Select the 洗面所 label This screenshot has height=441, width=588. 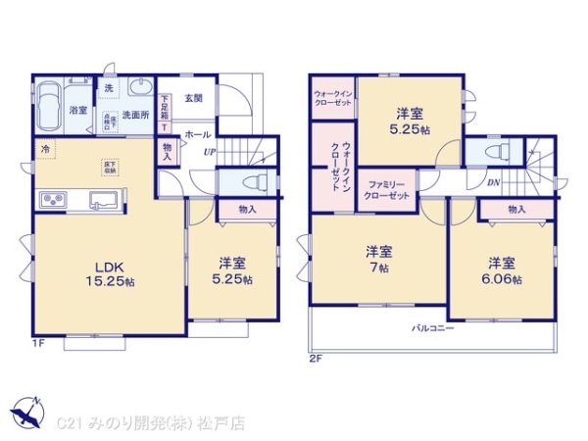pyautogui.click(x=135, y=115)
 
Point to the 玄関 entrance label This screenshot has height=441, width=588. pyautogui.click(x=192, y=98)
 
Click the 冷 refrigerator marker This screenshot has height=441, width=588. pyautogui.click(x=44, y=149)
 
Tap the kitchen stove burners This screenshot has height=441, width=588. pyautogui.click(x=52, y=202)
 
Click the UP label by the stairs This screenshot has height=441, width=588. pyautogui.click(x=210, y=152)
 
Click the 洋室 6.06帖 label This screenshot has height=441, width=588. pyautogui.click(x=501, y=270)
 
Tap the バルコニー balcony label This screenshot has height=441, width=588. pyautogui.click(x=432, y=328)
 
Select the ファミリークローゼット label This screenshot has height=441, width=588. pyautogui.click(x=386, y=188)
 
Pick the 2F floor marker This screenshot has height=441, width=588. pyautogui.click(x=316, y=359)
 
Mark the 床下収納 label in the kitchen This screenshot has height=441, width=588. pyautogui.click(x=108, y=167)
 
